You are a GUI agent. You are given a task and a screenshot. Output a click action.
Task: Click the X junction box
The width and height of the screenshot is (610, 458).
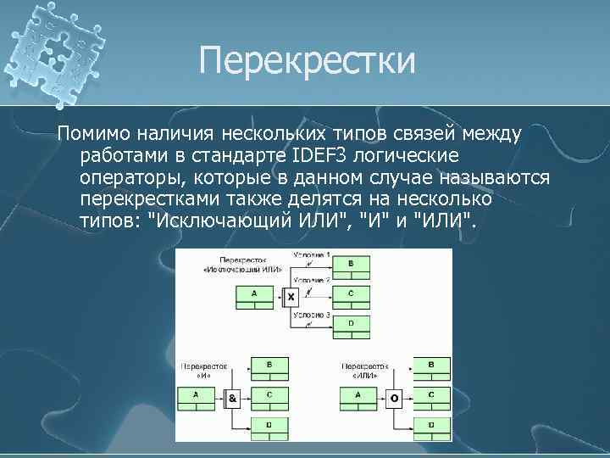[x=291, y=298]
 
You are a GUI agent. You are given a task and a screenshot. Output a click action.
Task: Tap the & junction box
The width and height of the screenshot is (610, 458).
[x=232, y=397]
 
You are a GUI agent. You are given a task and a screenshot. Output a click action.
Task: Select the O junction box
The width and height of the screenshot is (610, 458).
[x=393, y=397]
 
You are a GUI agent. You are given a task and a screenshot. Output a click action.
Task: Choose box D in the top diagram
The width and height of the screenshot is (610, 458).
[x=352, y=324]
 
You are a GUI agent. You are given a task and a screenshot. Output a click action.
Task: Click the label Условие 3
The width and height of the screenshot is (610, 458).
[x=312, y=314]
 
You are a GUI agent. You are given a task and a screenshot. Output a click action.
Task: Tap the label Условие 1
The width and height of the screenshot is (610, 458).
[x=312, y=255]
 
